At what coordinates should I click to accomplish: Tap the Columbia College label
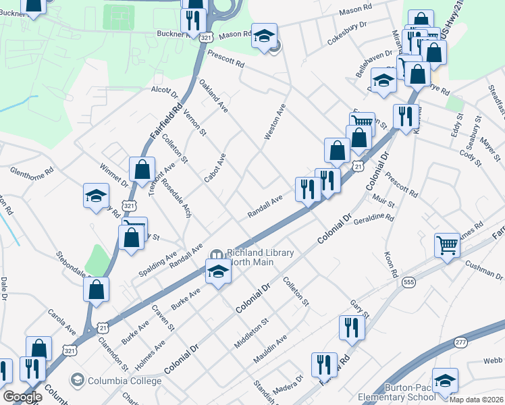pos(124,381)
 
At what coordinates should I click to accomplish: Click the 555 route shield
pos(408,281)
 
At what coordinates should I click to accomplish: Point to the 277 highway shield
pos(461,343)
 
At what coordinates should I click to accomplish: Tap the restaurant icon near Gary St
pos(352,327)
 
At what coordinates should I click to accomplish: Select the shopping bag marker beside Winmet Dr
pos(142,169)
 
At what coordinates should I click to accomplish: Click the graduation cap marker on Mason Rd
pos(264,35)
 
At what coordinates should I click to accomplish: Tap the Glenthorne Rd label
pos(31,172)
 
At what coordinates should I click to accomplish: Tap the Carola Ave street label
pos(61,321)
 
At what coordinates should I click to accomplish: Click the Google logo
pos(22,397)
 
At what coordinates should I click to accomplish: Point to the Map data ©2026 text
pos(475,400)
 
